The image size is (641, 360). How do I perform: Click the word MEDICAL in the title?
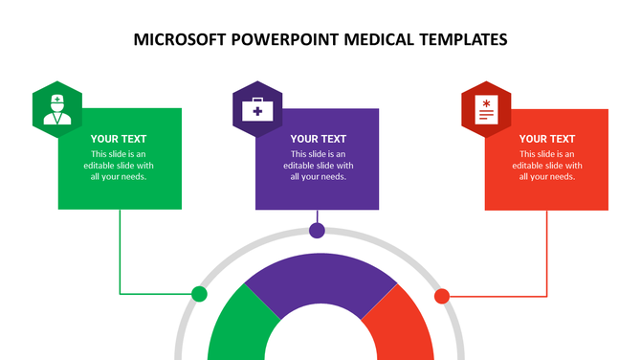372,40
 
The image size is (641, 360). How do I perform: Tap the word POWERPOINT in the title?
276,40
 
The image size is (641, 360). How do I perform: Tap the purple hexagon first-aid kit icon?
256,108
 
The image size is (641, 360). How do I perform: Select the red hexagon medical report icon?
486,108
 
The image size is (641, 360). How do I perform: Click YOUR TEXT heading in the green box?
119,139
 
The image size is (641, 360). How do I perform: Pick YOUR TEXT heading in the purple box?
319,139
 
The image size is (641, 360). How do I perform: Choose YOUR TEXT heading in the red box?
547,139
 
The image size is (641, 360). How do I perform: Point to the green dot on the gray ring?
199,294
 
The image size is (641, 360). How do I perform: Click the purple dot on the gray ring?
317,231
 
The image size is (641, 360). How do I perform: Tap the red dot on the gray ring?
442,296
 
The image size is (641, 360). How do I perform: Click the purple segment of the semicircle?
320,282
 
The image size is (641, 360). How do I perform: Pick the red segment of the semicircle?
402,326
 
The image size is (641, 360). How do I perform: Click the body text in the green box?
119,165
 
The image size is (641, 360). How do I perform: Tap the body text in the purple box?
319,165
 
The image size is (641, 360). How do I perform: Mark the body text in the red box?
547,165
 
